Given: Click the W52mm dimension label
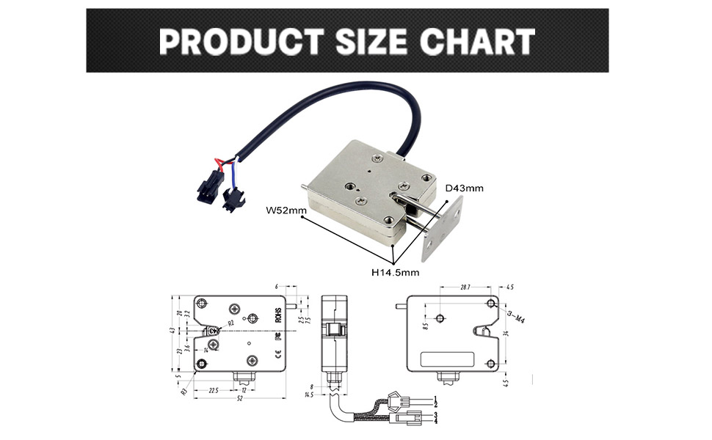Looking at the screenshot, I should (286, 212).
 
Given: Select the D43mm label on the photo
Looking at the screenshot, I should (465, 188).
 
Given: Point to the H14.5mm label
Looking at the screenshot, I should (395, 272).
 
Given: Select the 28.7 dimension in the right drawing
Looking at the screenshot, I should (465, 287).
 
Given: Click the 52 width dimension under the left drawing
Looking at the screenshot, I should (239, 399).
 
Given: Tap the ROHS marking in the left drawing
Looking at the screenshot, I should (278, 315).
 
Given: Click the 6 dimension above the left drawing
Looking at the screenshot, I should (277, 287).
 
